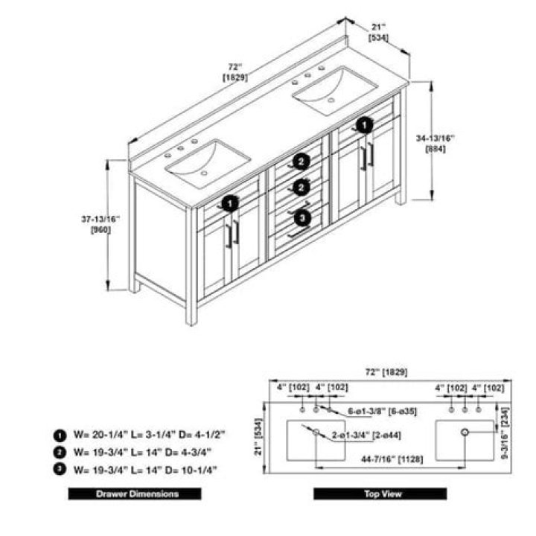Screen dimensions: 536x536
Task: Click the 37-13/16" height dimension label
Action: point(100,224)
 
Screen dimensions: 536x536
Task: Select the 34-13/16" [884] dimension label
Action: point(435,144)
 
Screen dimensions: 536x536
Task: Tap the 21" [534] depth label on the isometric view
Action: point(378,33)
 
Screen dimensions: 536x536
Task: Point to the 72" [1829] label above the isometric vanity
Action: point(235,72)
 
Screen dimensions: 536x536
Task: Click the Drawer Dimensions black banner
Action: point(135,494)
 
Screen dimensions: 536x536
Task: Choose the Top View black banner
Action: point(380,494)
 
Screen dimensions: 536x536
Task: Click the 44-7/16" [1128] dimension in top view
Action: point(392,459)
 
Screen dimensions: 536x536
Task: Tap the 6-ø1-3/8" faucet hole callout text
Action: point(382,411)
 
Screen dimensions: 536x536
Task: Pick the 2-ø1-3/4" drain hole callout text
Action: point(366,435)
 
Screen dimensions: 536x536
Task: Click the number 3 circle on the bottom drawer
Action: point(303,217)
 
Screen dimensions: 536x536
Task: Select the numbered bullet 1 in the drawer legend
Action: point(60,435)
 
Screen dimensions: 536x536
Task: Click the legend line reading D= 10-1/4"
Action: point(145,470)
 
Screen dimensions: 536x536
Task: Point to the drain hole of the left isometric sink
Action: point(204,173)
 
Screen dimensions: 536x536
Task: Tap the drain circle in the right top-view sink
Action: point(465,432)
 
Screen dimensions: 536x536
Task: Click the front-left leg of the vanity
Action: point(191,266)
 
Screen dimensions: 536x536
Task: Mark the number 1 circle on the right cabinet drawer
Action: point(365,126)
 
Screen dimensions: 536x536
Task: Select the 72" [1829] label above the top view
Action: point(386,372)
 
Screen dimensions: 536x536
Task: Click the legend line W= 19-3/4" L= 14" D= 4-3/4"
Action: point(142,453)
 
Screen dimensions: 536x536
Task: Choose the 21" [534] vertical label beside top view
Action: point(258,436)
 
